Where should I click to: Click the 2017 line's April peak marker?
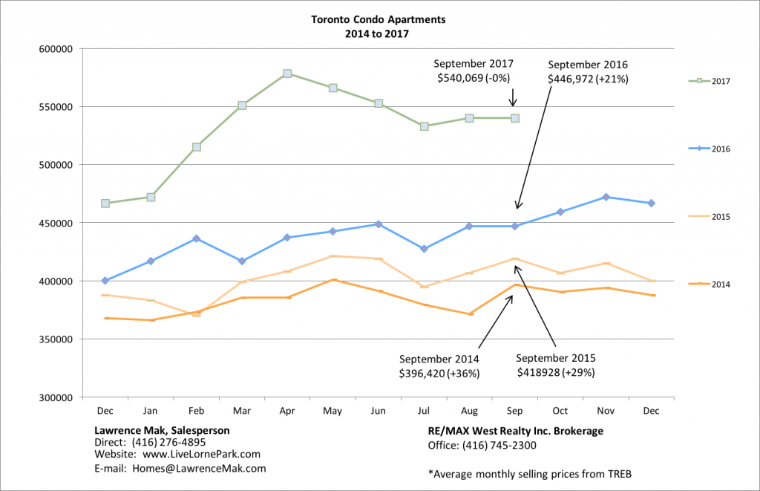coord(287,74)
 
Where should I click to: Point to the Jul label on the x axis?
coord(424,410)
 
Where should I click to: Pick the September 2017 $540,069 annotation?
coord(473,71)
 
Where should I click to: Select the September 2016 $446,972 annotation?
coord(588,71)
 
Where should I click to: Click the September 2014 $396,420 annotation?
coord(438,366)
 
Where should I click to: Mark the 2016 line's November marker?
coord(606,197)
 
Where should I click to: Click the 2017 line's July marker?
coord(424,126)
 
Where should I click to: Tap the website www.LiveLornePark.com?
coord(177,454)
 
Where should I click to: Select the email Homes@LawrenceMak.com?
coord(180,468)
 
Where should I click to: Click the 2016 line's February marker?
coord(196,238)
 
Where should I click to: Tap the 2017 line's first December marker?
coord(105,203)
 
